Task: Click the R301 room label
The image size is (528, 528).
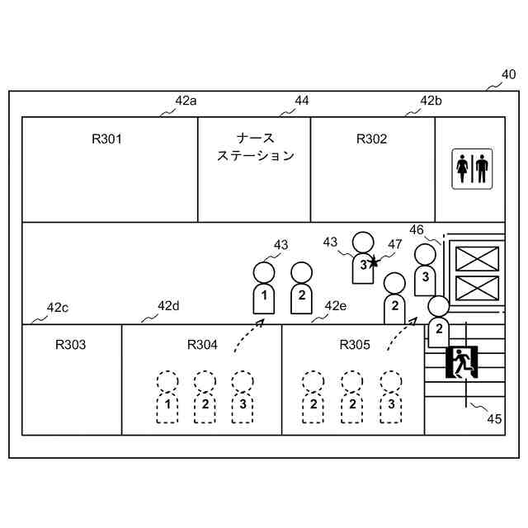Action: [106, 139]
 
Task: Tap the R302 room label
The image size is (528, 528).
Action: [371, 139]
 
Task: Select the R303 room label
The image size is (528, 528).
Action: [70, 344]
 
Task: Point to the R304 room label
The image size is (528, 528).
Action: [202, 344]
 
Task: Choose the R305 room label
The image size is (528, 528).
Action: [355, 344]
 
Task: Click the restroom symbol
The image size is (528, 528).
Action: [472, 168]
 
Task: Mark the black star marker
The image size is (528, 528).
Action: [374, 262]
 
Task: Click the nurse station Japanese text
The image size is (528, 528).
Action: [255, 147]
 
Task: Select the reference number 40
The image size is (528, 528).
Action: [508, 74]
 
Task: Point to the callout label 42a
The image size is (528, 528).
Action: [186, 101]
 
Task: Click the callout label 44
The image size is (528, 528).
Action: [301, 101]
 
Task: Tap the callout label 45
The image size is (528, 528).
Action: [493, 418]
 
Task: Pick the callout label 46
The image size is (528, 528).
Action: [417, 230]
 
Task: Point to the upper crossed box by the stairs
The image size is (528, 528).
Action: [477, 258]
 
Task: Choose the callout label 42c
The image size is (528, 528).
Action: [57, 308]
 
